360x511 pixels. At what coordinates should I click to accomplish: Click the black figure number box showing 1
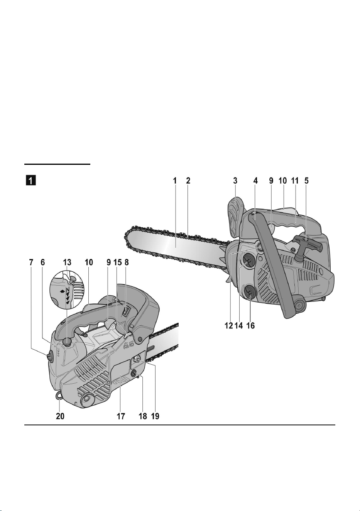pos(30,181)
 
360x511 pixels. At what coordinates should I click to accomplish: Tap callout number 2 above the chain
pos(188,181)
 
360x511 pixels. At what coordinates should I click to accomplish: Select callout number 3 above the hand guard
pos(235,181)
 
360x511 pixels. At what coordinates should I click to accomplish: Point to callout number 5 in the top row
pos(306,181)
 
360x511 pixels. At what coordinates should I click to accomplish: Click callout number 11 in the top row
pos(294,181)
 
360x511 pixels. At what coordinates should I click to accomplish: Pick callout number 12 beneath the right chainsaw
pos(229,325)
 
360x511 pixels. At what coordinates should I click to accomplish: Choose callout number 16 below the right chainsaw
pos(250,325)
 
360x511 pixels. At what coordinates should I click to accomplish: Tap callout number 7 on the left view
pos(31,262)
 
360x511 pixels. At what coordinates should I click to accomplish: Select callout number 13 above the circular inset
pos(66,262)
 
